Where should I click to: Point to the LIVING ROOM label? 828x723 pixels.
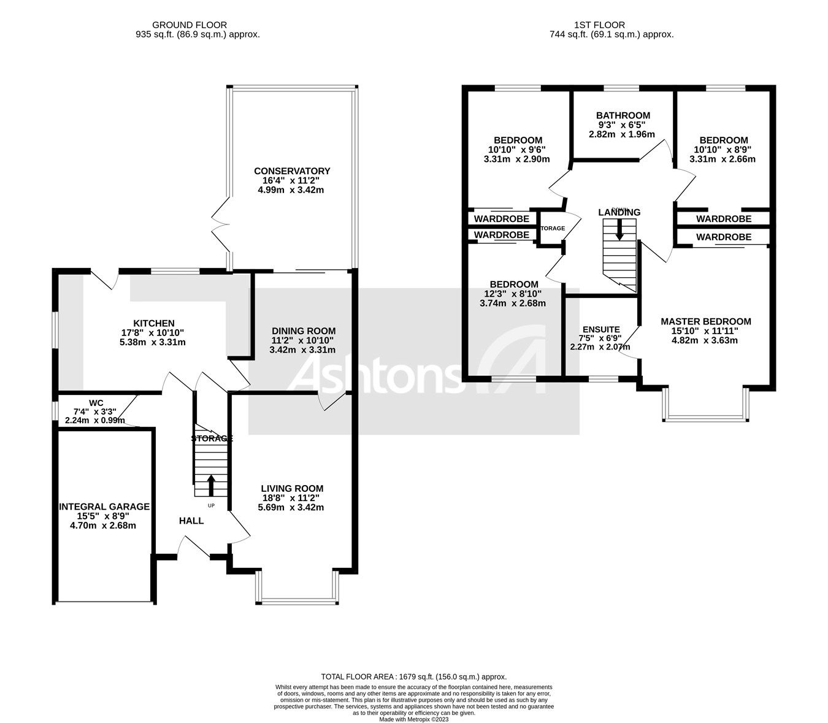pyautogui.click(x=291, y=488)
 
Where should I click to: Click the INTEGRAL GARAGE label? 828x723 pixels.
pyautogui.click(x=104, y=507)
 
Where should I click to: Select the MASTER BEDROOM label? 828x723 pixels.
pyautogui.click(x=705, y=321)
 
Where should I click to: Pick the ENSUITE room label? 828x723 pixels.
pyautogui.click(x=601, y=329)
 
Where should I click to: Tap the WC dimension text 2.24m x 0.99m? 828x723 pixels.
pyautogui.click(x=95, y=421)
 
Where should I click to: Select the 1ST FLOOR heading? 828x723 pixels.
pyautogui.click(x=599, y=25)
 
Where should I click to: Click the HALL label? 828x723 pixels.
pyautogui.click(x=191, y=521)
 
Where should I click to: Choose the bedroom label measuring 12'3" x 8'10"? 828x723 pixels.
pyautogui.click(x=514, y=285)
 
